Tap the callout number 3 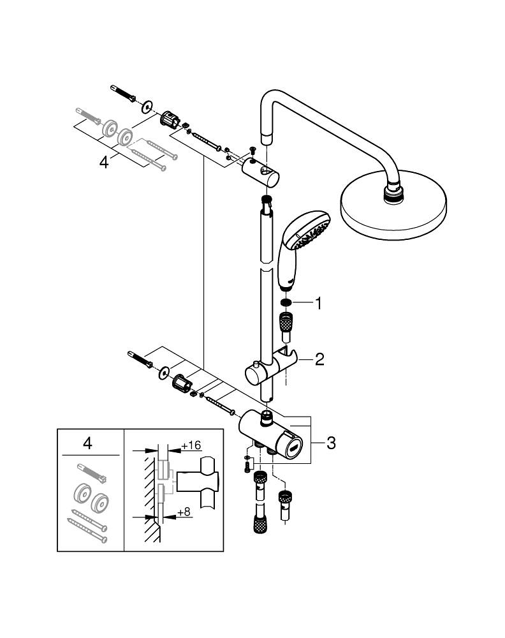[x=330, y=443]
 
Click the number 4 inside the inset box [x=88, y=443]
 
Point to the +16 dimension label [x=191, y=444]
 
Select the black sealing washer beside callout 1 [x=287, y=303]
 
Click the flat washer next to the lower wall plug [x=165, y=371]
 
